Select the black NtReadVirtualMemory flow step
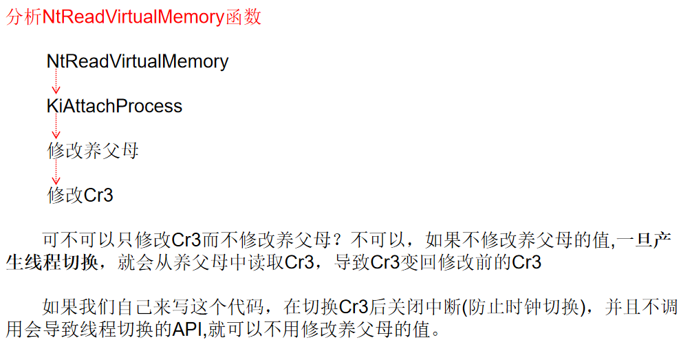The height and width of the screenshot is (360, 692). (x=138, y=61)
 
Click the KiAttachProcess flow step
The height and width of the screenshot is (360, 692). (x=114, y=106)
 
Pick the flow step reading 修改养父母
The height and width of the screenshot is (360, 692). (x=93, y=151)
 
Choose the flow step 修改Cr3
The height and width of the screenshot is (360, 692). (x=80, y=195)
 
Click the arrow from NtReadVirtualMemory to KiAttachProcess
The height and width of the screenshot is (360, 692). (x=56, y=83)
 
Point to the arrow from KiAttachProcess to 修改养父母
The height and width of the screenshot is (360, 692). (x=56, y=128)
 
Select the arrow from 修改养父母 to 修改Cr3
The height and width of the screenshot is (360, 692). (x=56, y=173)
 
